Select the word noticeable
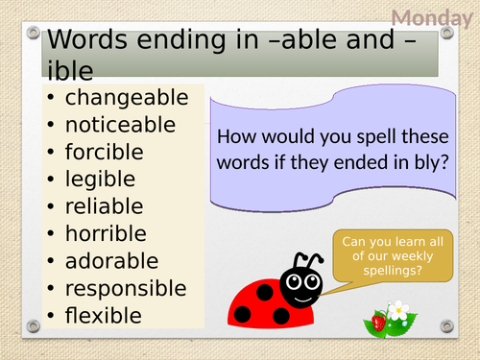coord(120,125)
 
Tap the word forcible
coord(104,152)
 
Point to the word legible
coord(99,180)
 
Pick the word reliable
coord(104,206)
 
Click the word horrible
coord(106,233)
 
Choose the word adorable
coord(110,260)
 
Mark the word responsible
coord(126,288)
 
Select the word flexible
coord(103,315)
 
